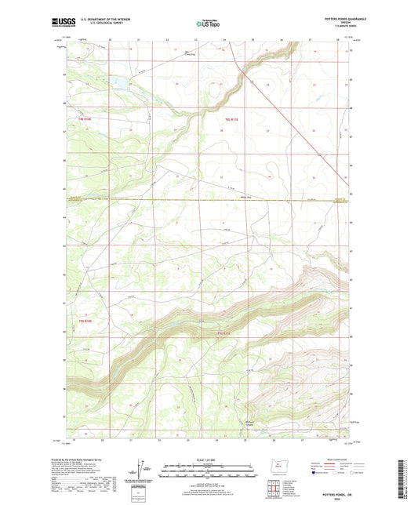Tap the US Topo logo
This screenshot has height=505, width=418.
(209, 25)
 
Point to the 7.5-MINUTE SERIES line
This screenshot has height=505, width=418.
(335, 29)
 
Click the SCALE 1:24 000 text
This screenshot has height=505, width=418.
(208, 460)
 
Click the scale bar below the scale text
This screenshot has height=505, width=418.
(208, 472)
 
